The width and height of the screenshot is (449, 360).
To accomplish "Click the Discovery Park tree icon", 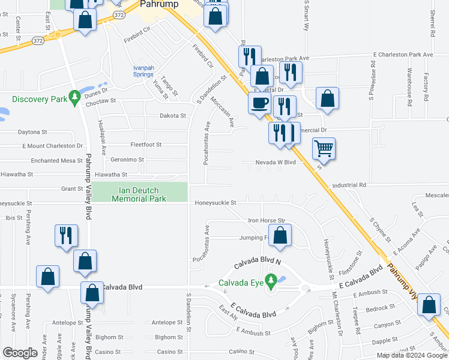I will point(74,97).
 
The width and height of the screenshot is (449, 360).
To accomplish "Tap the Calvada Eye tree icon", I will point(271,280).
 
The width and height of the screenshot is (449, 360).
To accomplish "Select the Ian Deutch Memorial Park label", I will point(139,194).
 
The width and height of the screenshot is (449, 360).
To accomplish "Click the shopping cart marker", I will point(324,148).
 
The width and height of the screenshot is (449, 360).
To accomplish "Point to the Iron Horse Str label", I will point(267,221).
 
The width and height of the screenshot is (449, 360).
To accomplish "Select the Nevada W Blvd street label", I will point(276,162).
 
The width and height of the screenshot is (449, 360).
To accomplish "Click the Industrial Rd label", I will point(349,185).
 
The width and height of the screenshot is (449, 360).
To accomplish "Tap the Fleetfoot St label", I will point(146,145).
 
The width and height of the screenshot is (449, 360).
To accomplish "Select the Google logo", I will point(20,353).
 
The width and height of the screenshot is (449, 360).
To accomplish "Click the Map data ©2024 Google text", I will point(411,355).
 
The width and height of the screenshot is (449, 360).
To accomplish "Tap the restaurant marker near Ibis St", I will point(66,235).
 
